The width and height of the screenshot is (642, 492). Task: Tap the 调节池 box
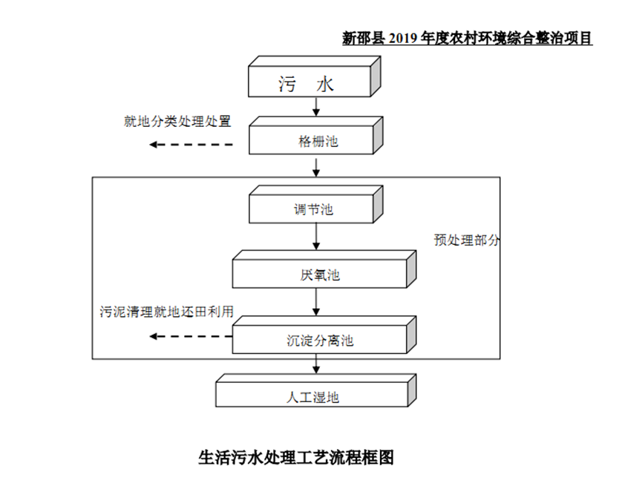[x=312, y=209]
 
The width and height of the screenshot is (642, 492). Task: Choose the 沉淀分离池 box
[x=319, y=341]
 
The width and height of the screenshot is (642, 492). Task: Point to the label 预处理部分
[x=467, y=240]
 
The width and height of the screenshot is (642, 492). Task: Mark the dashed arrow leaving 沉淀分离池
[x=190, y=336]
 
